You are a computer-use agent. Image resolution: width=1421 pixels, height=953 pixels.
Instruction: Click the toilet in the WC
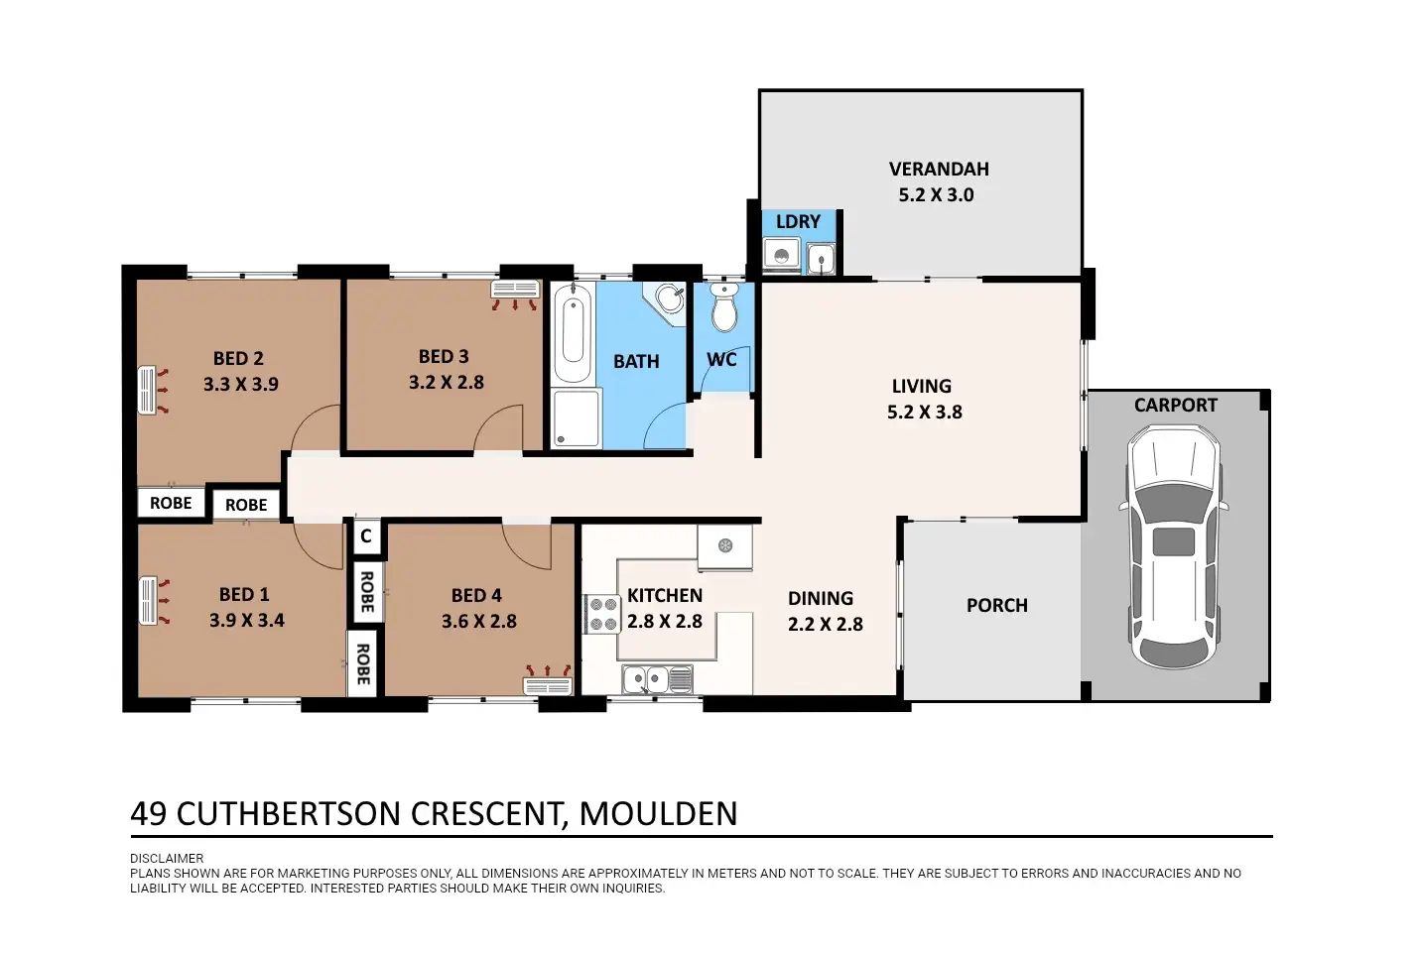[x=723, y=306]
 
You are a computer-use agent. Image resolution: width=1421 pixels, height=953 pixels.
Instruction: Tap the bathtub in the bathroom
[x=573, y=333]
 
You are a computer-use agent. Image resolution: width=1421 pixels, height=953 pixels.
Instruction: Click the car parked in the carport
[x=1174, y=547]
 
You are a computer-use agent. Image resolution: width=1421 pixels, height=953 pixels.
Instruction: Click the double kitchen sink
[x=657, y=679]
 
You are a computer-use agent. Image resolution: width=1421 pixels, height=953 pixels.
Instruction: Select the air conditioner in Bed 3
[x=515, y=291]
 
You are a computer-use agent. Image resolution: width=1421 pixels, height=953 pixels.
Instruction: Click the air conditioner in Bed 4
[x=548, y=686]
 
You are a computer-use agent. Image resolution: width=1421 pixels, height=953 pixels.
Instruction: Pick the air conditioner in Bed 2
[x=147, y=390]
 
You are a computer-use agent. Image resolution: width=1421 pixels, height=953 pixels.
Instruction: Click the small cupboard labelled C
[x=366, y=536]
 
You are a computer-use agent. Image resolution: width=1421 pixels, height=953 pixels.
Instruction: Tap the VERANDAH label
[x=939, y=170]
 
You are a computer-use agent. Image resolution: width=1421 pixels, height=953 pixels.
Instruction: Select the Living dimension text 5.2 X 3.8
[x=924, y=413]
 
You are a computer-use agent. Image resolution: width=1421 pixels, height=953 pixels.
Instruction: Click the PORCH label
[x=997, y=606]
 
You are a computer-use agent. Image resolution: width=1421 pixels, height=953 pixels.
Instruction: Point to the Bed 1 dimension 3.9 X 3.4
[x=247, y=620]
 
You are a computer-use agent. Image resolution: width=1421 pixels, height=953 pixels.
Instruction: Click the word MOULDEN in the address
[x=659, y=813]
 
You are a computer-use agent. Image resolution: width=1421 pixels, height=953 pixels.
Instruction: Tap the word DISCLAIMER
[x=167, y=859]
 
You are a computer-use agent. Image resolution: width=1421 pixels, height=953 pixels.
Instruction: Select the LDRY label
[x=798, y=221]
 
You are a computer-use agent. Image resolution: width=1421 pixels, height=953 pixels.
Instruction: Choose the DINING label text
[x=821, y=599]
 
